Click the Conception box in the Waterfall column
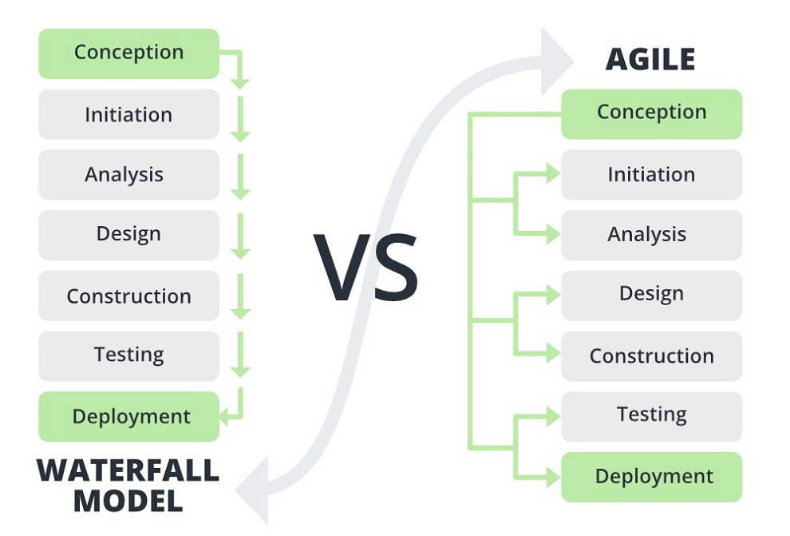(128, 54)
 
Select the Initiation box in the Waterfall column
(128, 114)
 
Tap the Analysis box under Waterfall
(128, 174)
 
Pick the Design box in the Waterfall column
(128, 234)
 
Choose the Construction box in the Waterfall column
(128, 296)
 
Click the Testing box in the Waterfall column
(128, 355)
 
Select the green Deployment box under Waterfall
(128, 416)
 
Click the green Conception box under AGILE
(651, 113)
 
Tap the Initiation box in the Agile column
(651, 174)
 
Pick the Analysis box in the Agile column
(651, 235)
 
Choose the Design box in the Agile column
(651, 295)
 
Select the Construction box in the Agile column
(651, 355)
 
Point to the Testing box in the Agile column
(651, 415)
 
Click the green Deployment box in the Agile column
(651, 477)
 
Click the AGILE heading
(650, 59)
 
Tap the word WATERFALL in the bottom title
(128, 470)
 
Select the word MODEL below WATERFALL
(128, 501)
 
